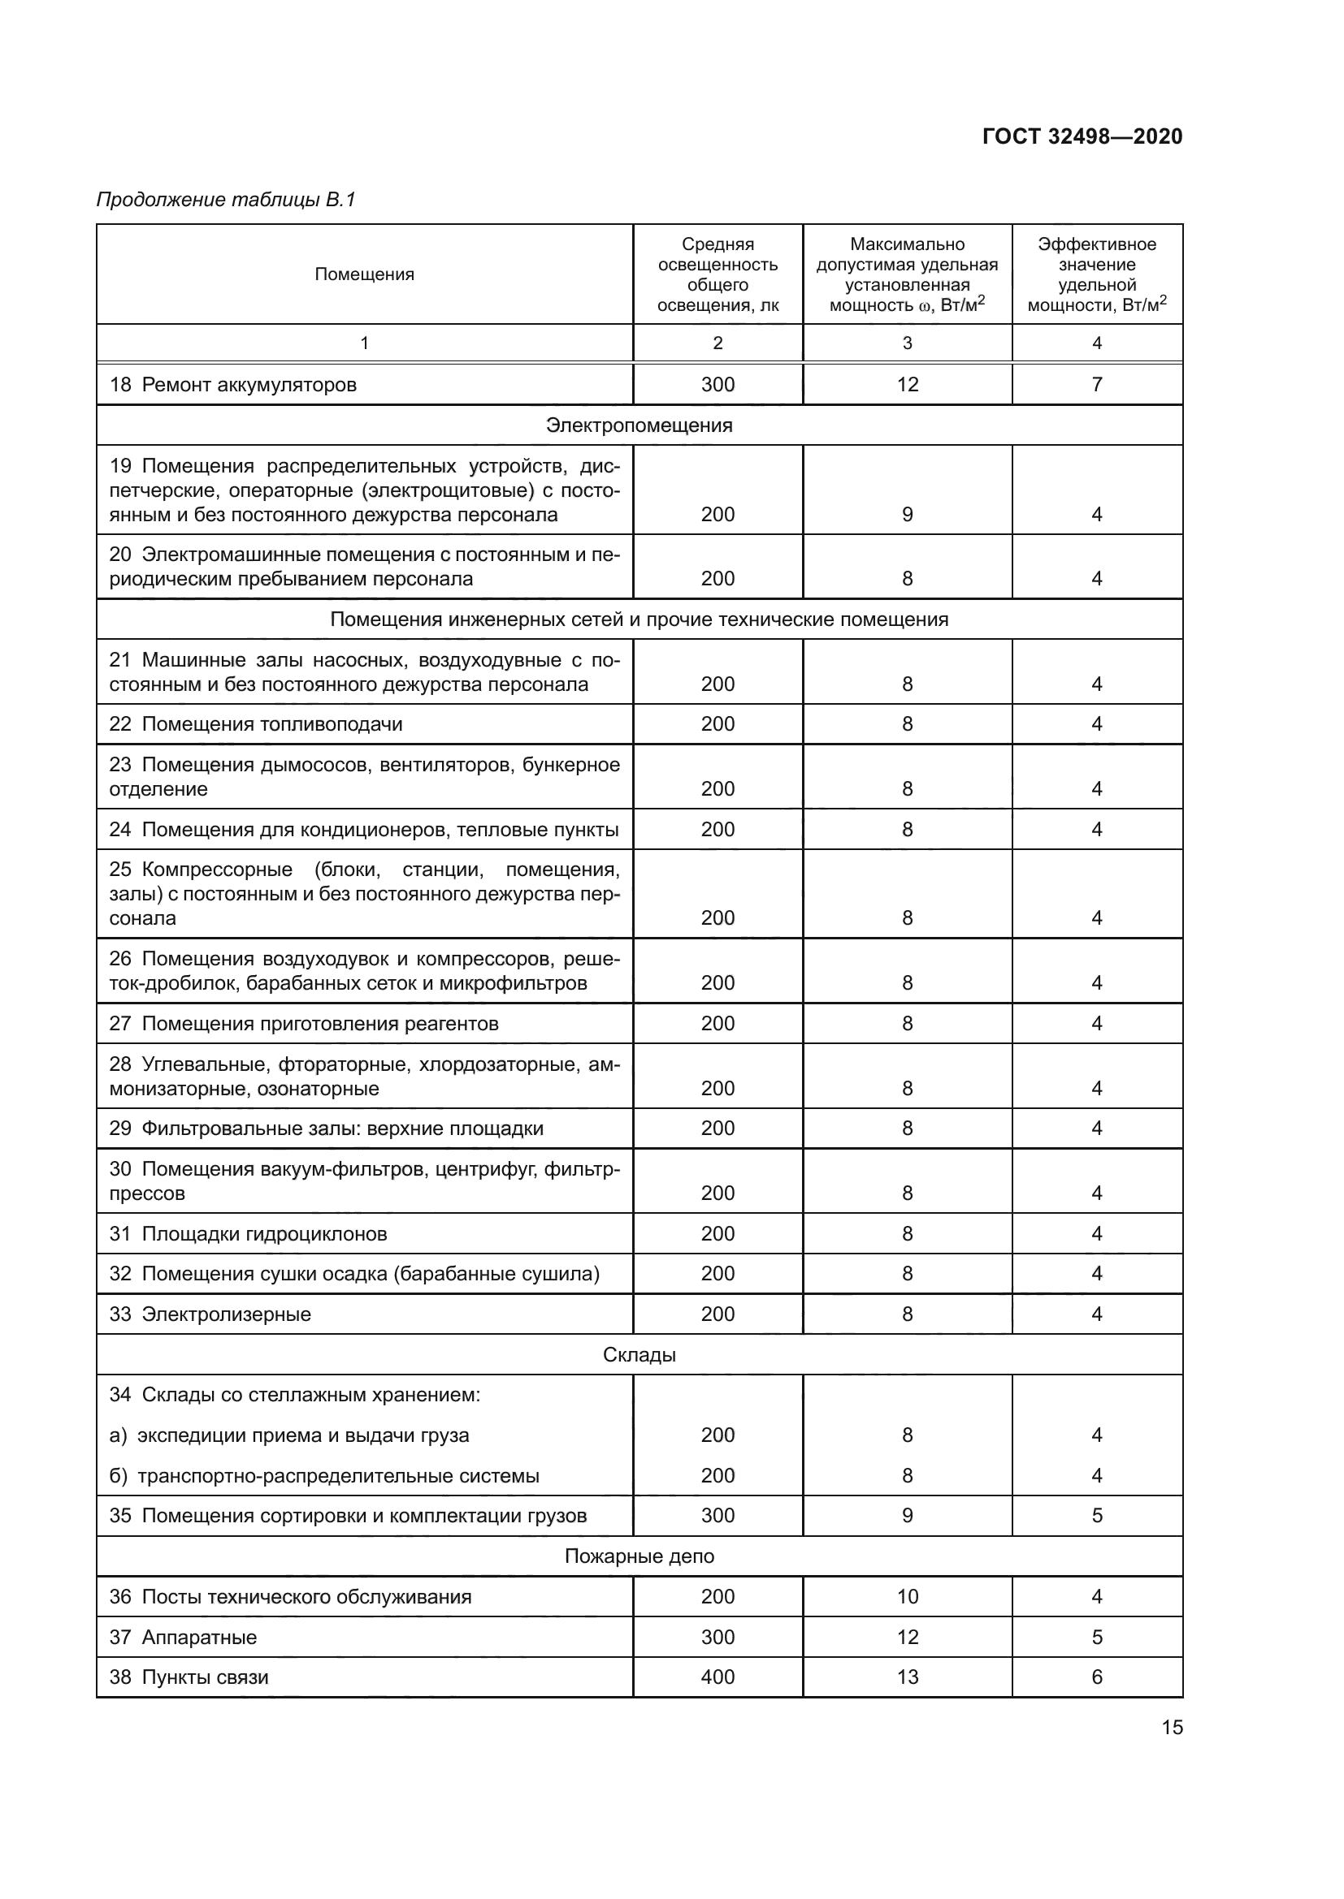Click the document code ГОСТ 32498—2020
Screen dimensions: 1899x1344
[x=1082, y=136]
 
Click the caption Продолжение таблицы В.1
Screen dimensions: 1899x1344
[x=226, y=200]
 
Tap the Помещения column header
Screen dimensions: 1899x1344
[x=364, y=274]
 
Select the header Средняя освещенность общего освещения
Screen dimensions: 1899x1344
[x=718, y=274]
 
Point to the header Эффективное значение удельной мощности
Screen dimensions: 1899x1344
[x=1096, y=274]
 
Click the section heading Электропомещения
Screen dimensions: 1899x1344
[x=639, y=425]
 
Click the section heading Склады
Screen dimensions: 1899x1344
[x=639, y=1355]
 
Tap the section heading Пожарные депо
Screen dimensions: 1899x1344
[x=639, y=1556]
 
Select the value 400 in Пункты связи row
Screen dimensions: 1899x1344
[x=718, y=1677]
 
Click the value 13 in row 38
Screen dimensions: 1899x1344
[x=907, y=1677]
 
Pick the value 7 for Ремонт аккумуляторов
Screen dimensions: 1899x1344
[x=1096, y=385]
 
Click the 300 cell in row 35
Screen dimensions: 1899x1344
[x=718, y=1515]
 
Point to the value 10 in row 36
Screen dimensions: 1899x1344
[x=907, y=1596]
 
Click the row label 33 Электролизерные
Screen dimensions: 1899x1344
[x=210, y=1314]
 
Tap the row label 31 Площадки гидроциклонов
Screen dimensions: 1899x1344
[x=249, y=1234]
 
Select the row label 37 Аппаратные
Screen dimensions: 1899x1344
[x=183, y=1637]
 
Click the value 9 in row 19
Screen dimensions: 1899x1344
[x=907, y=515]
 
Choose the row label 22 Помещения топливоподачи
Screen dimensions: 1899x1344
[x=256, y=724]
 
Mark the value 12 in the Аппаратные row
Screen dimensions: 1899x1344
[x=907, y=1637]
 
